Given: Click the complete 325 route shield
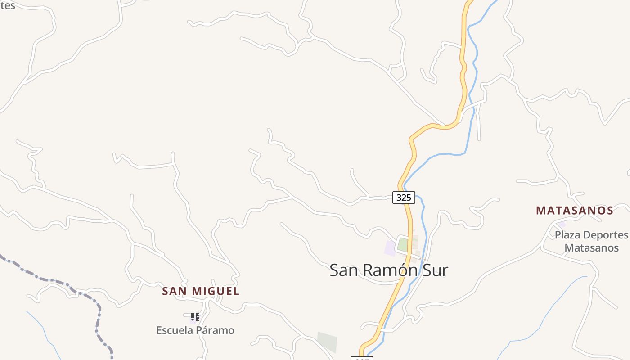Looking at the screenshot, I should [404, 197].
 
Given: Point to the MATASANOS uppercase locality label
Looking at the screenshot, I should [575, 211].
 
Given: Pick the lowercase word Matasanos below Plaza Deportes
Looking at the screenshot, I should [591, 248].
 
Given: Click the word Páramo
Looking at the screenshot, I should [217, 330].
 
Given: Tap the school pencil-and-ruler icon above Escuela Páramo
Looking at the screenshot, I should [195, 317].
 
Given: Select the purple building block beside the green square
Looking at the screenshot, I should [390, 248].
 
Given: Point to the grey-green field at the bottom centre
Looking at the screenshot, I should [327, 342].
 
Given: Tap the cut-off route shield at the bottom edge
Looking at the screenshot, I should [362, 358].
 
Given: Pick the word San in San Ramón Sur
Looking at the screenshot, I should [345, 270].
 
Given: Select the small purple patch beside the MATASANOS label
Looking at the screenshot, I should [562, 224].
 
